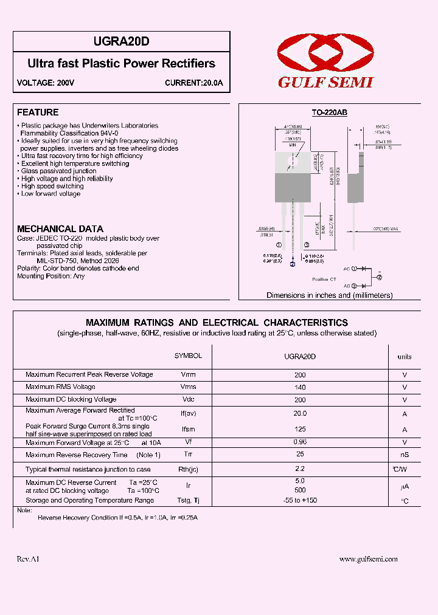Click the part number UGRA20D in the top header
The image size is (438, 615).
[x=122, y=41]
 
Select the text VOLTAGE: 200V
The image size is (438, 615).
[x=46, y=83]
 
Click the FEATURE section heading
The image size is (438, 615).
[x=38, y=112]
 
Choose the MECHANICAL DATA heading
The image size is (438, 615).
[x=60, y=229]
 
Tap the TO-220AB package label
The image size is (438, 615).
[x=329, y=113]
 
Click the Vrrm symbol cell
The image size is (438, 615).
[x=188, y=375]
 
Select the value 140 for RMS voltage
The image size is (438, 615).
[x=300, y=387]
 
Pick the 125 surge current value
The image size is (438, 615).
[x=300, y=429]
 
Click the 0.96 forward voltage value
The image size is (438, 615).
[x=300, y=442]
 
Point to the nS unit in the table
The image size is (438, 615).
[x=404, y=455]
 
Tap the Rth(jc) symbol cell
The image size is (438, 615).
[x=188, y=470]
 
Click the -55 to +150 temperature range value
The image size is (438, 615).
[x=300, y=501]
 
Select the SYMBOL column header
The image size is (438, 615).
[x=188, y=356]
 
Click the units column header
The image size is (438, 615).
[x=404, y=357]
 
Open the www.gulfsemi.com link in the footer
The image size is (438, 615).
[x=368, y=559]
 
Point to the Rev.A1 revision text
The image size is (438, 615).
[x=27, y=559]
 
